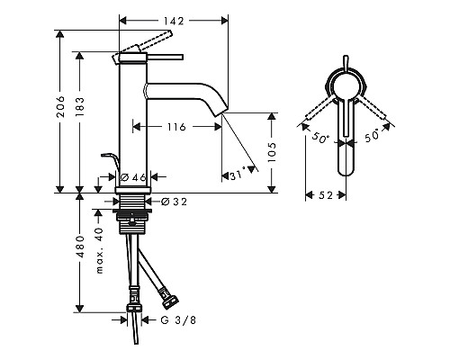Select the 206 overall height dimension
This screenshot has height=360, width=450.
(59, 109)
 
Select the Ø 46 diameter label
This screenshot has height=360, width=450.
(132, 177)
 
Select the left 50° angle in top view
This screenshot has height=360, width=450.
(320, 139)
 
